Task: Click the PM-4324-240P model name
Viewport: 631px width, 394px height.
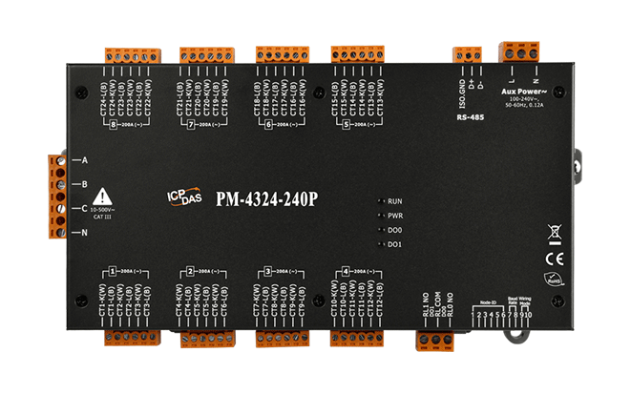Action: tap(267, 199)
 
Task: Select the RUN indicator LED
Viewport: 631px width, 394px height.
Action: tap(382, 202)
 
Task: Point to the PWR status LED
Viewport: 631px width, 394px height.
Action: tap(382, 217)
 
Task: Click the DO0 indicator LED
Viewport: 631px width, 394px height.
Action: tap(382, 231)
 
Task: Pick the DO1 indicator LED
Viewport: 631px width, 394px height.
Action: tap(382, 245)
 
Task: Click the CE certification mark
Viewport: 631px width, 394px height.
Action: tap(555, 257)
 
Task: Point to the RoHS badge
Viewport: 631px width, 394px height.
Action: tap(555, 281)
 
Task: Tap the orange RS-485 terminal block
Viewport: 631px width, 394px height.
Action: tap(467, 54)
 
